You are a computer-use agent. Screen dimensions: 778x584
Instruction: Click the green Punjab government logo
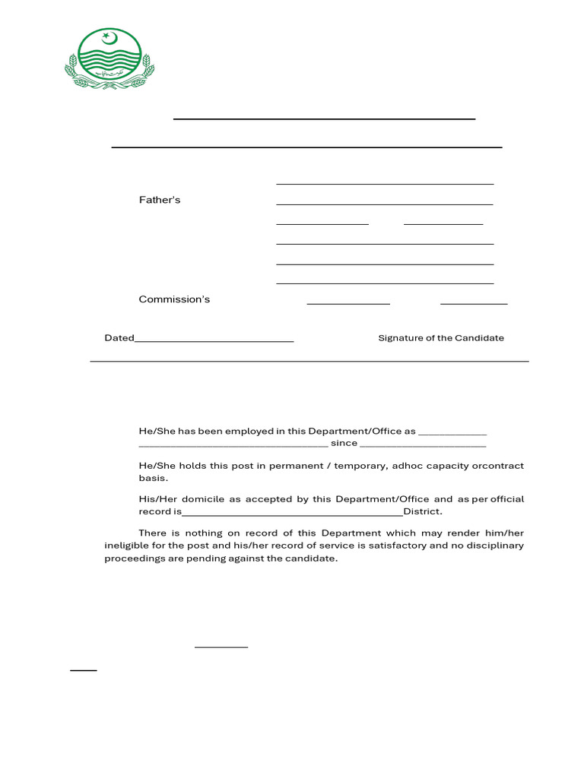pyautogui.click(x=109, y=59)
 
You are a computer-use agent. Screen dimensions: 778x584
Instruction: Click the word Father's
pyautogui.click(x=160, y=201)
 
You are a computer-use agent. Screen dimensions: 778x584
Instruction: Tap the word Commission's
pyautogui.click(x=174, y=299)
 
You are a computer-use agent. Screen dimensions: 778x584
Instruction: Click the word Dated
pyautogui.click(x=119, y=338)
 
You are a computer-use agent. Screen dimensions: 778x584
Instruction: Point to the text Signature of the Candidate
pyautogui.click(x=441, y=338)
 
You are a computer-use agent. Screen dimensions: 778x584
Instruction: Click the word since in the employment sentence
pyautogui.click(x=344, y=443)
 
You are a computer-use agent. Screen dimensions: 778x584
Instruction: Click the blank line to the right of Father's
pyautogui.click(x=384, y=204)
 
